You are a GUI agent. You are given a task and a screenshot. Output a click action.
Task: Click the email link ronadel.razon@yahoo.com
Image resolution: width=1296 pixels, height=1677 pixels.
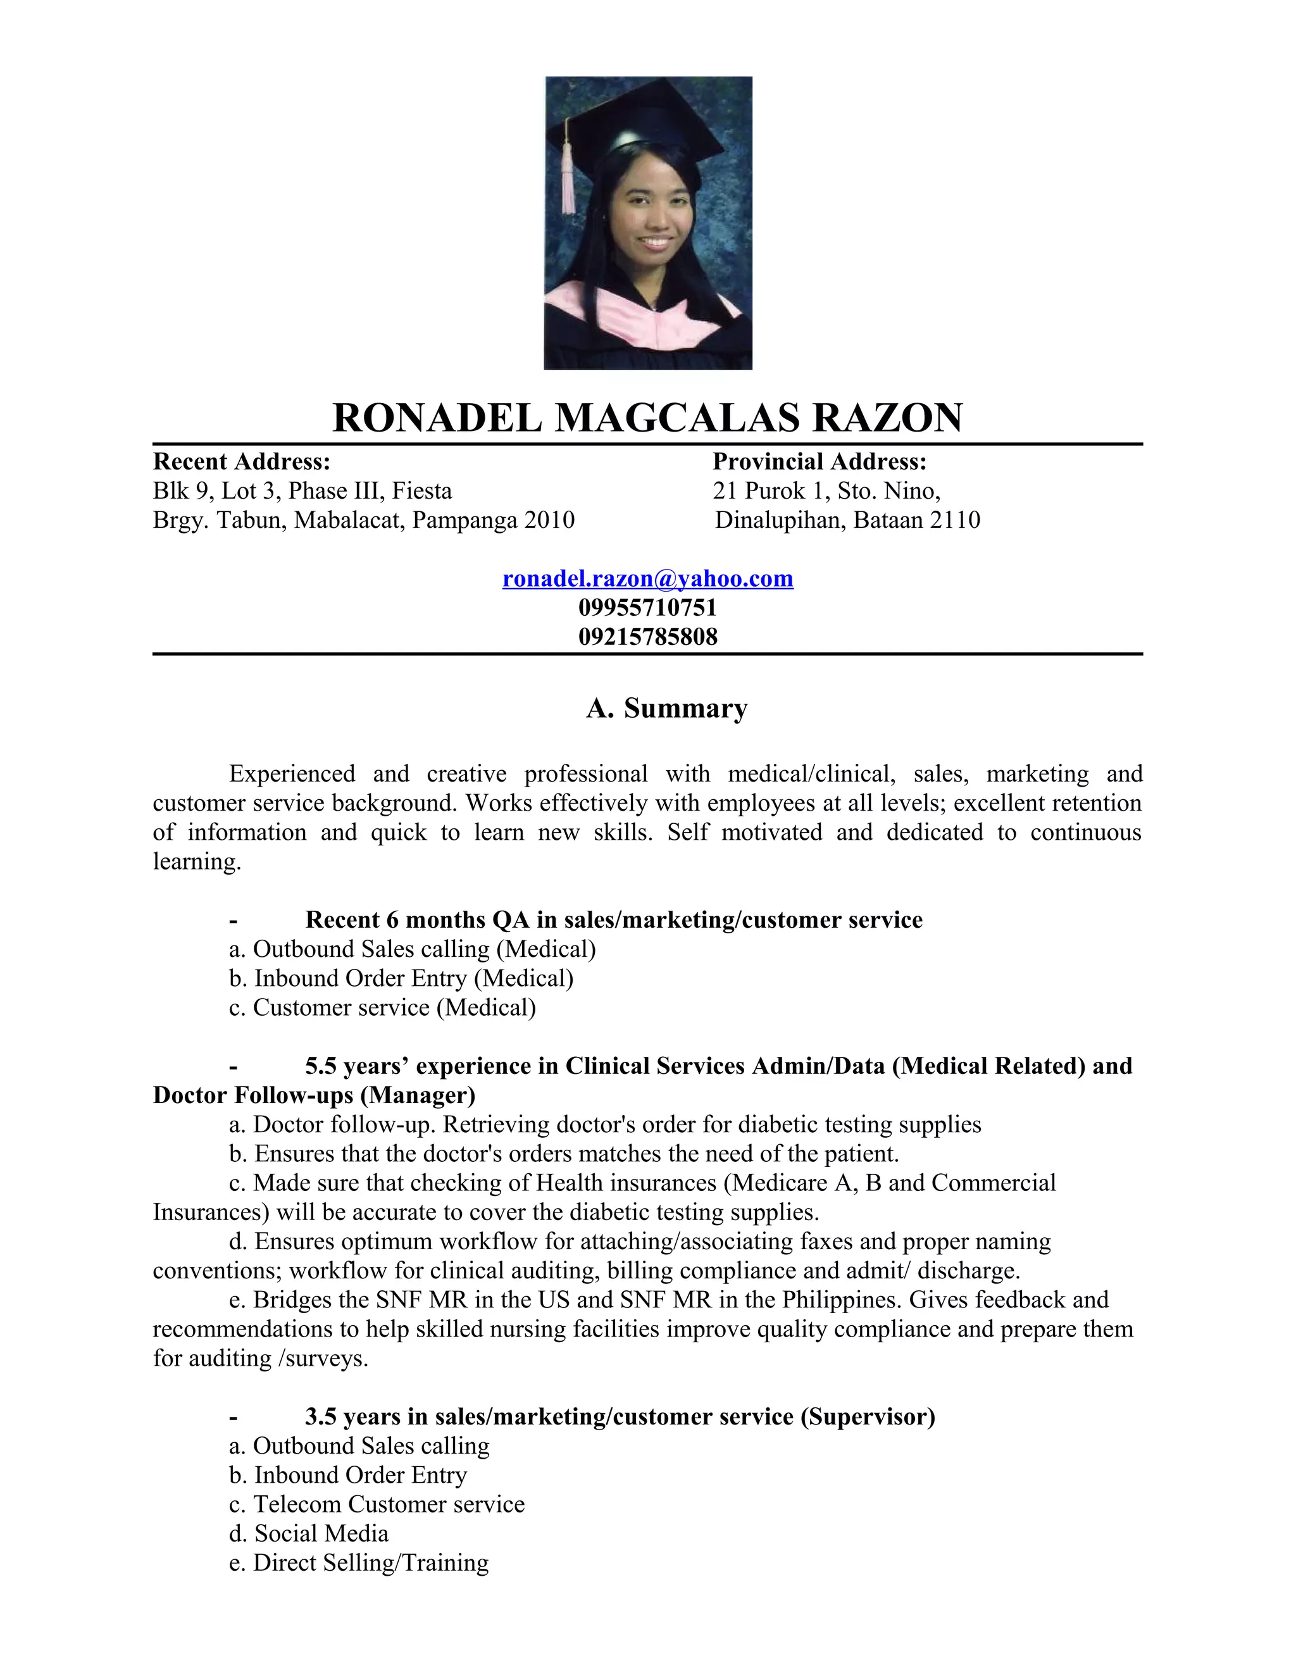pyautogui.click(x=647, y=578)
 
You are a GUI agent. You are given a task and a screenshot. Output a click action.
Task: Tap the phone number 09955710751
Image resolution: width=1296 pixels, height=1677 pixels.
pyautogui.click(x=647, y=608)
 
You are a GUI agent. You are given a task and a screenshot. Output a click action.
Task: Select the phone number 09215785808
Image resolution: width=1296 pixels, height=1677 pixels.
pyautogui.click(x=647, y=637)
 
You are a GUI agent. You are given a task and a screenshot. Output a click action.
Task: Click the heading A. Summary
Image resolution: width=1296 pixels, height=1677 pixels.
pyautogui.click(x=666, y=708)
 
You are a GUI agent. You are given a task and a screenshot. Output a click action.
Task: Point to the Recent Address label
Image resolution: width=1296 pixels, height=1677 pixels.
pyautogui.click(x=241, y=461)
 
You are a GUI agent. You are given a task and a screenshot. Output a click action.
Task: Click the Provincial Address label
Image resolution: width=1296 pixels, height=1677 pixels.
pyautogui.click(x=819, y=461)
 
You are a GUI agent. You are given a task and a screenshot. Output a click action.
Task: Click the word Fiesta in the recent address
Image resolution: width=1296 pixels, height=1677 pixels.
pyautogui.click(x=421, y=490)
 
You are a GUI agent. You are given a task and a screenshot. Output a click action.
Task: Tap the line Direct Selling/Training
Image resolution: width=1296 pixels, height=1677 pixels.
pyautogui.click(x=359, y=1562)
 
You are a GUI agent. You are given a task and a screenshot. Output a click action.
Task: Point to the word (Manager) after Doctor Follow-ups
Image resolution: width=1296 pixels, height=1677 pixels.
pyautogui.click(x=418, y=1095)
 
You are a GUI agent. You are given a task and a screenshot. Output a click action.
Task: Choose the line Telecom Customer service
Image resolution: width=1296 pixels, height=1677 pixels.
pyautogui.click(x=377, y=1504)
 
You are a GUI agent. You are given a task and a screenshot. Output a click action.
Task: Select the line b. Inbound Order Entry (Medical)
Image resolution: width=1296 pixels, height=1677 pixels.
pyautogui.click(x=401, y=978)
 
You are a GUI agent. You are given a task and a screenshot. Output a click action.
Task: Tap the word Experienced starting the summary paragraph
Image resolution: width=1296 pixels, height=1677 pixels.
pyautogui.click(x=292, y=773)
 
